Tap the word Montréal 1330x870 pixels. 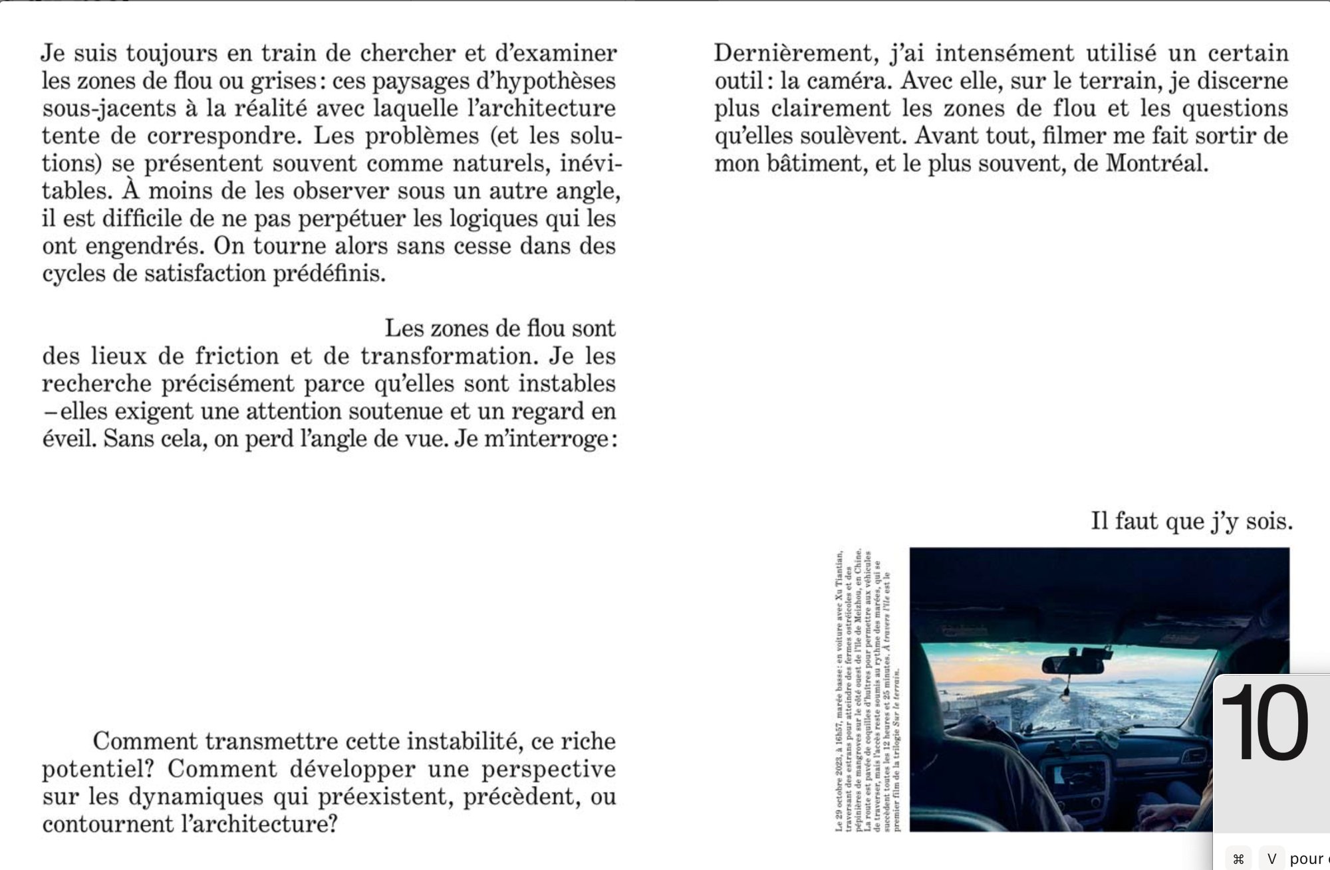coord(1156,163)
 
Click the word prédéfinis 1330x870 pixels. coord(329,274)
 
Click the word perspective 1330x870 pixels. coord(549,769)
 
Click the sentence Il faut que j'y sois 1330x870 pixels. coord(1192,522)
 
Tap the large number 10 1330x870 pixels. coord(1265,722)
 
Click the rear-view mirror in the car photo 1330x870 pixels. coord(1073,664)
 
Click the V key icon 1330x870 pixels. coord(1271,859)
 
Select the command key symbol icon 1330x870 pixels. coord(1238,859)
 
